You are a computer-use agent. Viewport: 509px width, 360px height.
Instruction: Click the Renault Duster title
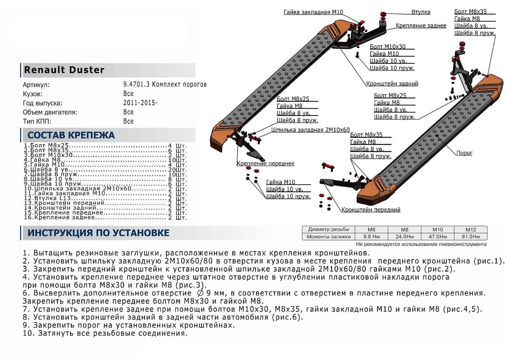coord(64,70)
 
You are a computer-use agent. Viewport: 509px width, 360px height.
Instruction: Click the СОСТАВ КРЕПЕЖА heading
coord(71,135)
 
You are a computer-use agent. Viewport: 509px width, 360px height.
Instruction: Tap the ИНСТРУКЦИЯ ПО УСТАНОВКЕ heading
coord(98,233)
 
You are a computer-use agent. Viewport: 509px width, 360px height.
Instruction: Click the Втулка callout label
coord(420,12)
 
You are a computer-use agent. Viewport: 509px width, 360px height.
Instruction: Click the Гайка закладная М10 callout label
coord(313,12)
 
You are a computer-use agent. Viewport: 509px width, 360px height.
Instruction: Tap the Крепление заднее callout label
coord(421,26)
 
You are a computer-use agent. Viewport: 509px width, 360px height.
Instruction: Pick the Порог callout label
coord(464,153)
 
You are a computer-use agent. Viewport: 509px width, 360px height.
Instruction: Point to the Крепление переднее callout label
coord(265,163)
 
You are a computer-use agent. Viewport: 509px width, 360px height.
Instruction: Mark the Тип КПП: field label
coord(37,121)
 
